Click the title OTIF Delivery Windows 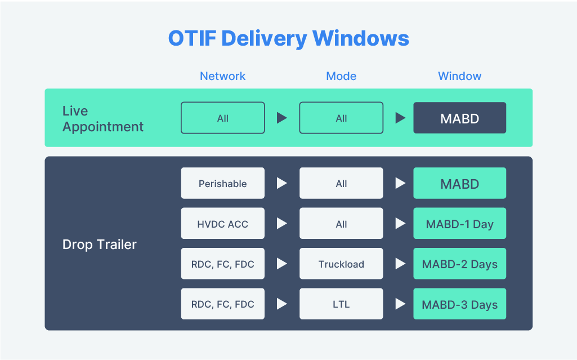(288, 38)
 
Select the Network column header (222, 76)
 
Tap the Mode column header (341, 76)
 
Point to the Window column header (459, 76)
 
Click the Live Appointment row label (102, 118)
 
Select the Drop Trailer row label (99, 245)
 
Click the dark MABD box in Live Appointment (459, 118)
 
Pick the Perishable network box (222, 183)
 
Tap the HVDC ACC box (222, 224)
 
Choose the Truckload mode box (341, 264)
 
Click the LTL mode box (341, 304)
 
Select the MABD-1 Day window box (459, 224)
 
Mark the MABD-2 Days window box (459, 264)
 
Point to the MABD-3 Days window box (459, 304)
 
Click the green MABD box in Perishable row (459, 183)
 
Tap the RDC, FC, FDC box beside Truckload (222, 264)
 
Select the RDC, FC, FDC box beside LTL (222, 304)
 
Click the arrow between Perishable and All (281, 183)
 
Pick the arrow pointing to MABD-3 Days (400, 304)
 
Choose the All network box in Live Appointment (222, 118)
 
